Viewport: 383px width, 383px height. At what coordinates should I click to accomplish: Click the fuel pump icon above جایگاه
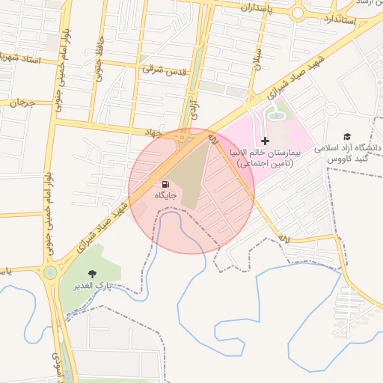(163, 183)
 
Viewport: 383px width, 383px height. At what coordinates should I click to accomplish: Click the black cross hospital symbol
(265, 141)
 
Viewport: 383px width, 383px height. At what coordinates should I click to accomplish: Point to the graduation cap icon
(346, 136)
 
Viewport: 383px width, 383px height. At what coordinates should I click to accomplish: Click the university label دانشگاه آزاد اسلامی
(350, 148)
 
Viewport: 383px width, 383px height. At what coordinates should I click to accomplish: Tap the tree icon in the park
(93, 275)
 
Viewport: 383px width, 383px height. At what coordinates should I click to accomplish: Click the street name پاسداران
(259, 7)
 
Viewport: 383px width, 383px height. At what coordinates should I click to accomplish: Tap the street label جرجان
(22, 102)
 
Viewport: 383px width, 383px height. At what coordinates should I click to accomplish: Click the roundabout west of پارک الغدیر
(50, 272)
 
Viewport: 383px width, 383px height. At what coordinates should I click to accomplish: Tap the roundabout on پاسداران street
(298, 12)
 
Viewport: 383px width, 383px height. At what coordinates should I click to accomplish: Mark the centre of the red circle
(191, 191)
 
